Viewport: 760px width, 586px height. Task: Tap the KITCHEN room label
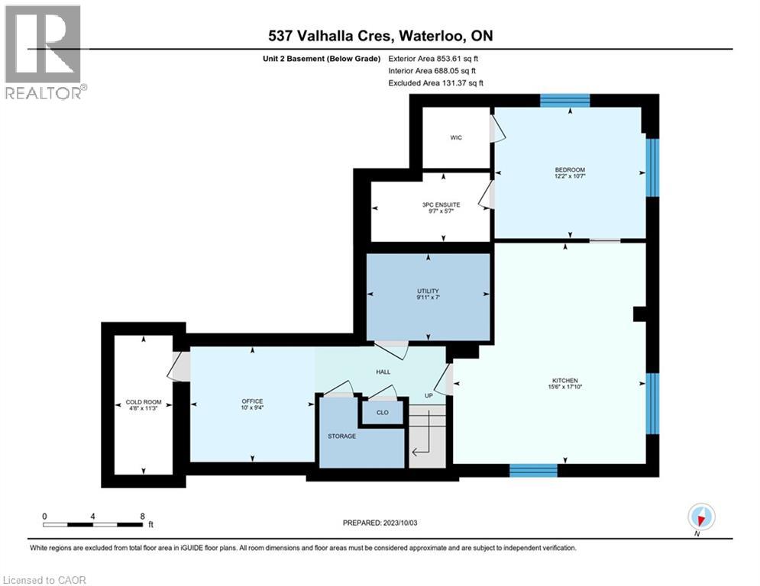565,381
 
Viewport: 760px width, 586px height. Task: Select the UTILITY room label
428,291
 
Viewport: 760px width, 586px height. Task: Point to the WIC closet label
455,138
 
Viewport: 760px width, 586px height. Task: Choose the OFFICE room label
252,401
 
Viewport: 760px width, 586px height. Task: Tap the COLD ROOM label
143,403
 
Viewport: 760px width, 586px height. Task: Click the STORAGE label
341,436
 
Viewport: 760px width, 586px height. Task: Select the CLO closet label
382,413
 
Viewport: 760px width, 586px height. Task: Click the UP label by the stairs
429,396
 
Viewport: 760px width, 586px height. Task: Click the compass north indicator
700,518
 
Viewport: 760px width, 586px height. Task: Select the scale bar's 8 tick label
142,516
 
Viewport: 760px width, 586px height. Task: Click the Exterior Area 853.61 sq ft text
434,58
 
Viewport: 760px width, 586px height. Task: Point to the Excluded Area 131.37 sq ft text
436,82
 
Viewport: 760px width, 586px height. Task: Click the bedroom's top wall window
565,100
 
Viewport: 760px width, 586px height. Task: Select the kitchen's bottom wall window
533,470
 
